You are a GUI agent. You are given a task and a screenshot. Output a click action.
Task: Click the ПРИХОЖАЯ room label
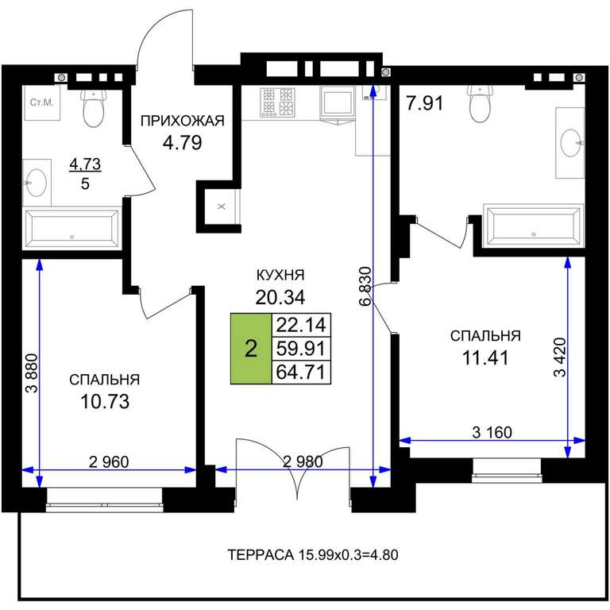click(x=183, y=121)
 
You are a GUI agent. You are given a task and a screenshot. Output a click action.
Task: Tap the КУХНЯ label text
click(x=280, y=275)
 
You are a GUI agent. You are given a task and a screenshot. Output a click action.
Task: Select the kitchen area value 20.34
click(x=280, y=298)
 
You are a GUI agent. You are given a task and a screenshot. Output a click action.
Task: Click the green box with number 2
click(x=251, y=349)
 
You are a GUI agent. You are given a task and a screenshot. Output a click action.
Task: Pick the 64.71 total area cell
click(x=301, y=373)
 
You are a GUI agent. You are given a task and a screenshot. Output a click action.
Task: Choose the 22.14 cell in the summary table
click(x=301, y=325)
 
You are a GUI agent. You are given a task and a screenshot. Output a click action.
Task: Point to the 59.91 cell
click(x=301, y=349)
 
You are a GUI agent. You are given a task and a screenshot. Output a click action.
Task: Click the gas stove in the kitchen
click(x=278, y=102)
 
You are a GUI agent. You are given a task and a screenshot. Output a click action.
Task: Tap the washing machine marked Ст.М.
click(x=42, y=102)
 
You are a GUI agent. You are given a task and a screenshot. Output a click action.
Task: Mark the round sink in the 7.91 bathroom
click(x=571, y=143)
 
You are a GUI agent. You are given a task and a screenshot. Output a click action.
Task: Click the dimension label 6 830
click(x=366, y=286)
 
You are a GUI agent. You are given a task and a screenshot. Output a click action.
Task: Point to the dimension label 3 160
click(x=492, y=432)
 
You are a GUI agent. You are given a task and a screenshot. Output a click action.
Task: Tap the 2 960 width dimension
click(x=109, y=461)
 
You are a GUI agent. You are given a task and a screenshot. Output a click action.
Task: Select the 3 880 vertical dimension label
click(x=33, y=373)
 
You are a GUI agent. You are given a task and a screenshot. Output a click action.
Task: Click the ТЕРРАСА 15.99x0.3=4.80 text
click(x=313, y=554)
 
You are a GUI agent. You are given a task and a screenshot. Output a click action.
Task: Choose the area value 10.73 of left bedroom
click(x=105, y=402)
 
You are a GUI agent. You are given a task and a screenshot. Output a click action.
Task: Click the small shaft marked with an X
click(x=222, y=207)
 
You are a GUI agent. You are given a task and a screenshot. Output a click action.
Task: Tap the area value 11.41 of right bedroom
click(x=485, y=358)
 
